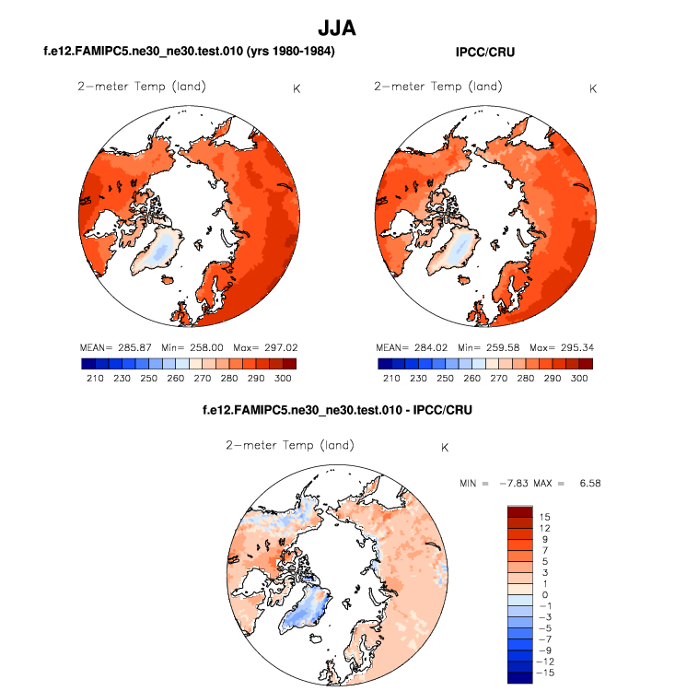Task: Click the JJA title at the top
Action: pos(336,29)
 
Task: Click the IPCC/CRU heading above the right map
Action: pos(484,53)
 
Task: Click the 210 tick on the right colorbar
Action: pos(390,379)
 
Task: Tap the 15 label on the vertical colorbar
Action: pos(545,517)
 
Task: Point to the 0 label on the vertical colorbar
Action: pos(545,595)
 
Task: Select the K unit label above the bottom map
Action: pos(445,448)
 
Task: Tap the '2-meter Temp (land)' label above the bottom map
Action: pos(290,446)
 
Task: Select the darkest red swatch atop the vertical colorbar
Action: pos(520,511)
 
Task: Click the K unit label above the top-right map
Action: pos(592,89)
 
